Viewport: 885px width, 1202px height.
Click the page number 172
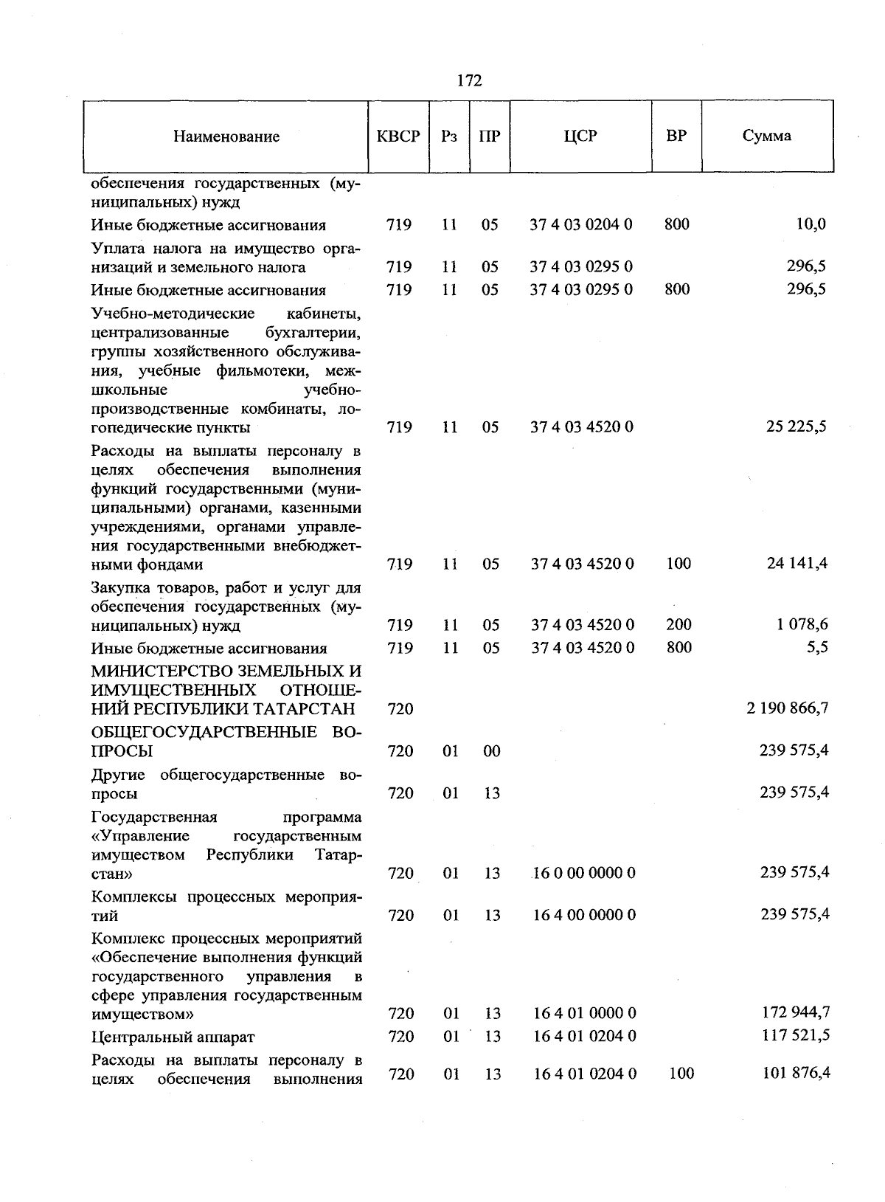click(469, 80)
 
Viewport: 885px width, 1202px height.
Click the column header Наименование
click(226, 137)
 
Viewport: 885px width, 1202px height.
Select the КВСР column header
click(398, 137)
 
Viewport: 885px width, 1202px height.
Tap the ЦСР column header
click(580, 136)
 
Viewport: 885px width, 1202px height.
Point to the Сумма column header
click(767, 136)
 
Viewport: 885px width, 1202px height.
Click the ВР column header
click(676, 136)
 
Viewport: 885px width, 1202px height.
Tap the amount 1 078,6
click(802, 624)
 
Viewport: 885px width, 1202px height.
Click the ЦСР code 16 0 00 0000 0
click(583, 873)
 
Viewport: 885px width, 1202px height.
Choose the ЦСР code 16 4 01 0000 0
click(584, 1013)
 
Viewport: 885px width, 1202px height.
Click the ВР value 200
click(678, 624)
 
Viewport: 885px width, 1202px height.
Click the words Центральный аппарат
click(173, 1037)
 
